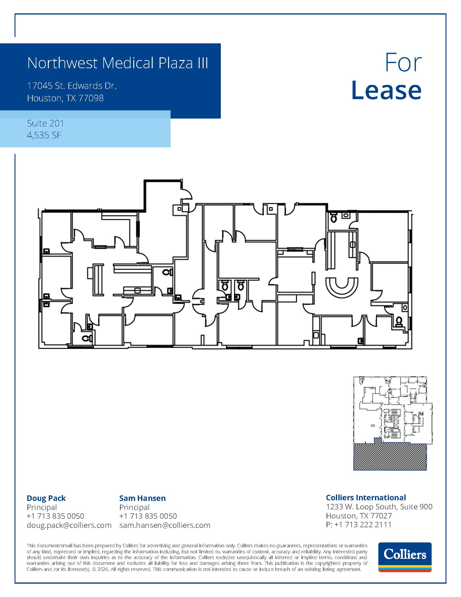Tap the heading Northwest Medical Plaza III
118,63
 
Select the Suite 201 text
45,123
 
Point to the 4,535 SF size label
44,135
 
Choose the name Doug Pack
46,498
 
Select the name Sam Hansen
142,498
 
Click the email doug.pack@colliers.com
69,525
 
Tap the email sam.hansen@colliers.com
164,525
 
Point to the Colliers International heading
366,498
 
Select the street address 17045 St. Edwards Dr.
72,86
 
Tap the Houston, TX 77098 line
65,98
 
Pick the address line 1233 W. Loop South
379,507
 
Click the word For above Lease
403,63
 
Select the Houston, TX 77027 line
359,516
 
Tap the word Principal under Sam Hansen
134,507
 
